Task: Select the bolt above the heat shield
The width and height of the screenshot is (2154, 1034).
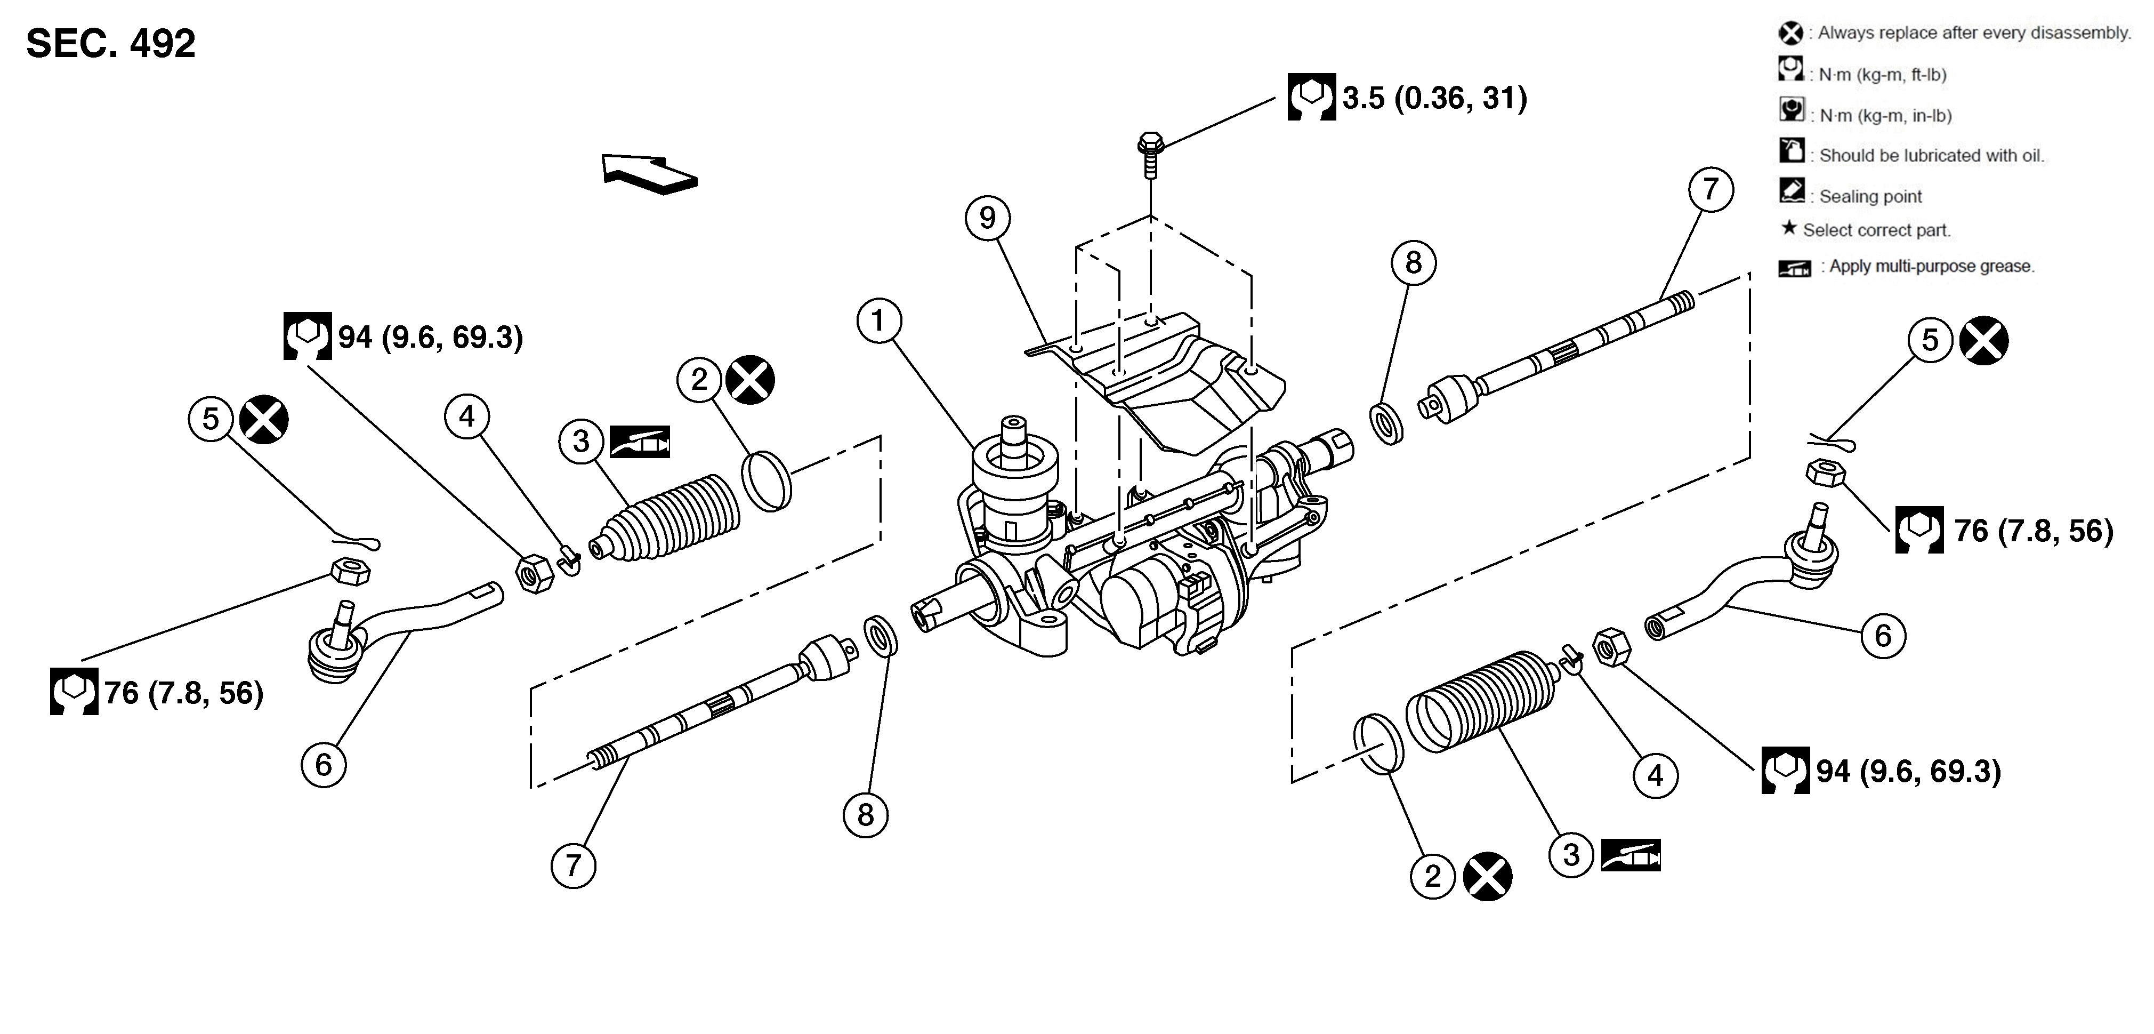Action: (1151, 154)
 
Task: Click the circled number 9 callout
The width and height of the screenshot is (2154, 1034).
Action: (988, 218)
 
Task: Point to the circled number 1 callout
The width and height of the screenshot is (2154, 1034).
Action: (878, 320)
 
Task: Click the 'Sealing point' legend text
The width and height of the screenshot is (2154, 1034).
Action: (1870, 197)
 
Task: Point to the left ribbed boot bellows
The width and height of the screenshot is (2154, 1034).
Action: (669, 518)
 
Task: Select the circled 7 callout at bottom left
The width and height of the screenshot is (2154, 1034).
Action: (573, 865)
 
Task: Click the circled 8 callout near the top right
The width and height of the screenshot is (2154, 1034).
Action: (1413, 263)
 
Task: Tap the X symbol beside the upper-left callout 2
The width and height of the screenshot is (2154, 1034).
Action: (750, 380)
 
